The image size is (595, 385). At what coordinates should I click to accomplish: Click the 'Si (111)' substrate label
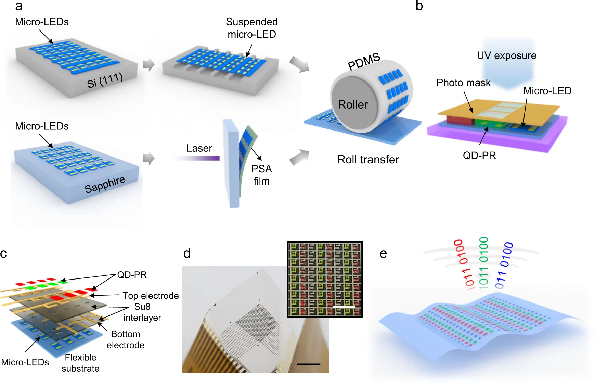pyautogui.click(x=105, y=81)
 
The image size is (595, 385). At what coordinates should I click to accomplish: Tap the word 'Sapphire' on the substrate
pyautogui.click(x=105, y=185)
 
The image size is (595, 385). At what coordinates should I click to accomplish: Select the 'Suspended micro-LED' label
pyautogui.click(x=252, y=28)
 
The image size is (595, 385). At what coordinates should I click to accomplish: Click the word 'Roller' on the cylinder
pyautogui.click(x=353, y=104)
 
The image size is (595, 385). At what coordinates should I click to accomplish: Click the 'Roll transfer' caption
pyautogui.click(x=368, y=160)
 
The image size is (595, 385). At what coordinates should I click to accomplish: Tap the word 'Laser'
pyautogui.click(x=199, y=148)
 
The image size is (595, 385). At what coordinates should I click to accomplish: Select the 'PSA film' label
pyautogui.click(x=262, y=175)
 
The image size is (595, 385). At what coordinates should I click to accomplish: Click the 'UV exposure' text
pyautogui.click(x=507, y=55)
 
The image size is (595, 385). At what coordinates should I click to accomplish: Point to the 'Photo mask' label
pyautogui.click(x=463, y=83)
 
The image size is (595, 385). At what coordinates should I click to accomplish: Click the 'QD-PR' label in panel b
pyautogui.click(x=479, y=156)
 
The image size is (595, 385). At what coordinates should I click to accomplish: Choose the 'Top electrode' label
pyautogui.click(x=151, y=296)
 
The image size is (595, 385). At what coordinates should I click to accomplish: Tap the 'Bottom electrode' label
pyautogui.click(x=126, y=339)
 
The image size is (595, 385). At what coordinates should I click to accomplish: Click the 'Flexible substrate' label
pyautogui.click(x=81, y=363)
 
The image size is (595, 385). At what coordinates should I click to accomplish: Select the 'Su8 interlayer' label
pyautogui.click(x=142, y=312)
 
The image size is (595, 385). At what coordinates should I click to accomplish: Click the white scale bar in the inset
pyautogui.click(x=344, y=307)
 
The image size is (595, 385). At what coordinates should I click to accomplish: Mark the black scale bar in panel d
pyautogui.click(x=309, y=364)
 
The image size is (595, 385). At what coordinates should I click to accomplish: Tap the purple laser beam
pyautogui.click(x=197, y=158)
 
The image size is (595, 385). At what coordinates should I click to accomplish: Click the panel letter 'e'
pyautogui.click(x=383, y=254)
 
